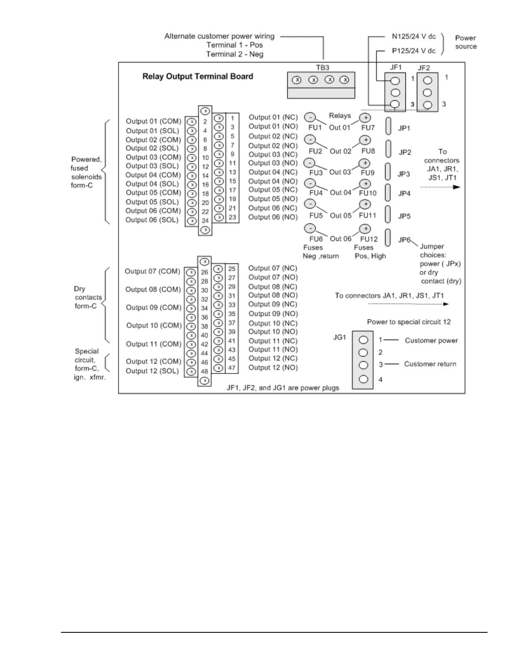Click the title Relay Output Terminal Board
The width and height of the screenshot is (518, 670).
click(x=198, y=77)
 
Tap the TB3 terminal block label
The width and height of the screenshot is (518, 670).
click(x=322, y=68)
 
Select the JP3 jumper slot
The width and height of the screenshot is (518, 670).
click(x=388, y=171)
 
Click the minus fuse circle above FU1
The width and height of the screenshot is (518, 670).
click(x=310, y=117)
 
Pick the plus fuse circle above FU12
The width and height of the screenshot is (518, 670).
click(x=365, y=229)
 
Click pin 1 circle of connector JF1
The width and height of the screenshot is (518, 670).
click(x=395, y=81)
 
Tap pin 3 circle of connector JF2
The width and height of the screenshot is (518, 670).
click(x=427, y=104)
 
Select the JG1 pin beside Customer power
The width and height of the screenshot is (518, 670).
click(x=363, y=340)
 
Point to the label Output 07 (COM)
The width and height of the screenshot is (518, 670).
click(x=152, y=271)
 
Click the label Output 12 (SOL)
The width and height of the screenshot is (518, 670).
click(x=152, y=371)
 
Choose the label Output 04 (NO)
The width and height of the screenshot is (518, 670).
click(x=273, y=181)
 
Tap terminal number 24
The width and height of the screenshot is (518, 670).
click(x=205, y=220)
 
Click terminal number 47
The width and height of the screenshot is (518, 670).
click(x=232, y=368)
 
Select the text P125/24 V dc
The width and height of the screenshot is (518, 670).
click(x=413, y=51)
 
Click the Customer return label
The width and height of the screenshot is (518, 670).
click(x=430, y=364)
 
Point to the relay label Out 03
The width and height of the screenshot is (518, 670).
click(x=340, y=172)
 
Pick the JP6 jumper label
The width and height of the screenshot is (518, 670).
click(x=405, y=240)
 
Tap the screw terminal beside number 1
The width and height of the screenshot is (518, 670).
click(x=219, y=118)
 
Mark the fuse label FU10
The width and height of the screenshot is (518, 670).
click(x=367, y=193)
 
